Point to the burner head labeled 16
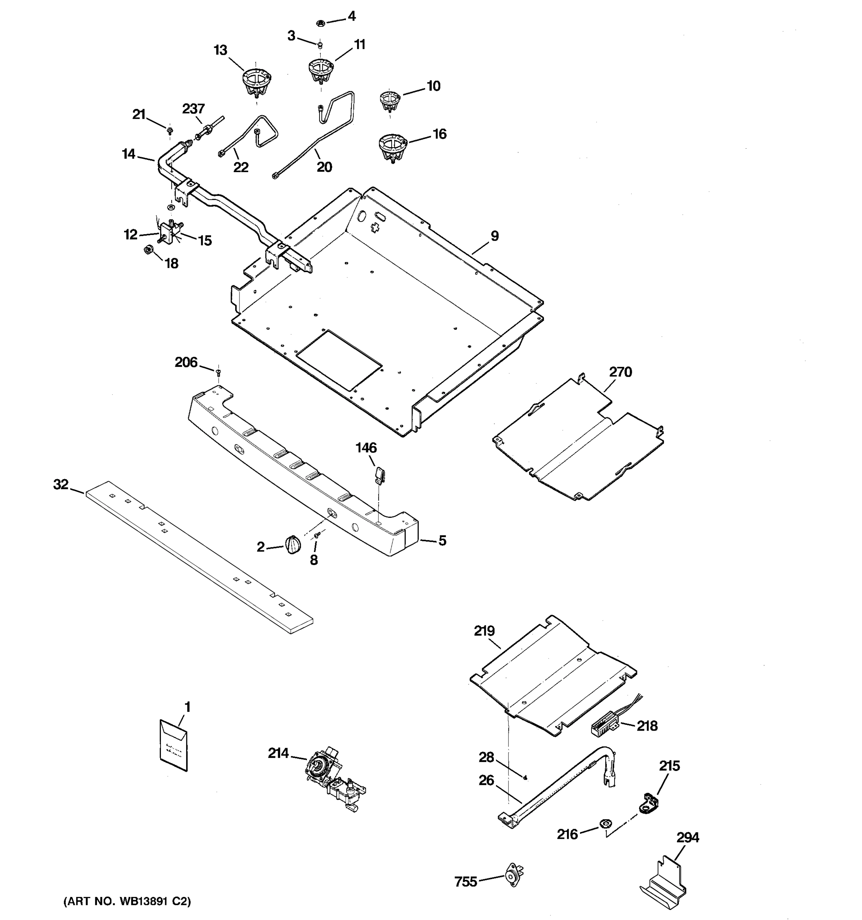(x=392, y=147)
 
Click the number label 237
(x=193, y=109)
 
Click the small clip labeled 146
(x=380, y=475)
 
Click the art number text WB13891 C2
(x=127, y=901)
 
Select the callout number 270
(x=620, y=372)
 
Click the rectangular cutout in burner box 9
(x=339, y=360)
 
